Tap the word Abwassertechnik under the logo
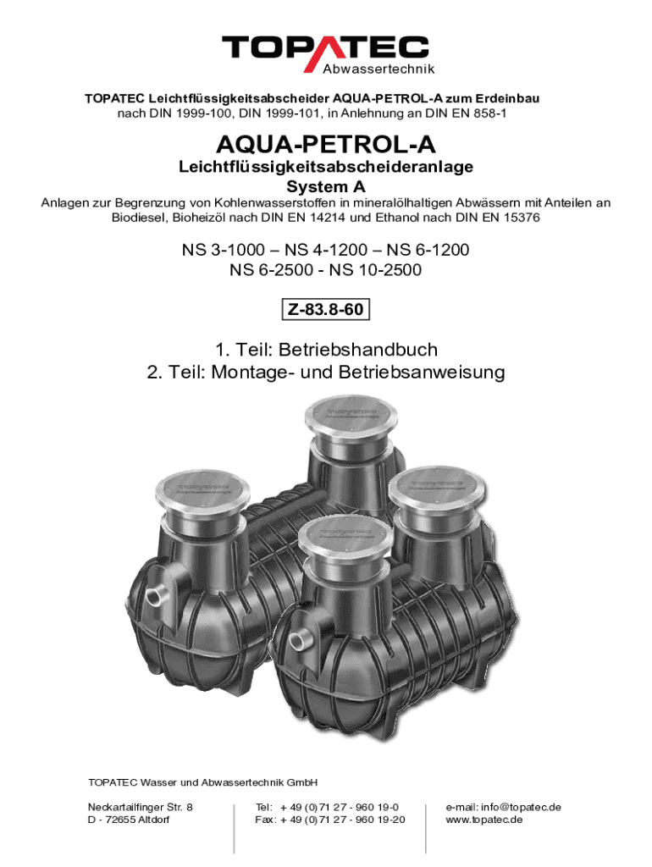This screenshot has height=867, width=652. click(x=378, y=69)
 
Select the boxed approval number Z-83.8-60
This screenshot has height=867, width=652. click(x=326, y=309)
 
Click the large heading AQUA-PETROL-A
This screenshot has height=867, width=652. click(x=326, y=144)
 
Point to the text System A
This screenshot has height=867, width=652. click(x=326, y=186)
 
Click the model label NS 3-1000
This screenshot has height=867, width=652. click(x=224, y=250)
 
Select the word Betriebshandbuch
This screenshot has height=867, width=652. click(x=358, y=350)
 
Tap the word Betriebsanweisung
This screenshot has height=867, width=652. click(x=422, y=373)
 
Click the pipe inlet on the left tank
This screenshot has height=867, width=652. click(x=156, y=597)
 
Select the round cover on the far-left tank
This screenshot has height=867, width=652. click(x=202, y=492)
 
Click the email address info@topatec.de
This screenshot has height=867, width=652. click(x=521, y=807)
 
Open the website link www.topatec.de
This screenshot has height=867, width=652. click(x=483, y=820)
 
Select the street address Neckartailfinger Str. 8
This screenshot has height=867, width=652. click(x=141, y=807)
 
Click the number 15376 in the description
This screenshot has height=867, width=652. click(x=522, y=218)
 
